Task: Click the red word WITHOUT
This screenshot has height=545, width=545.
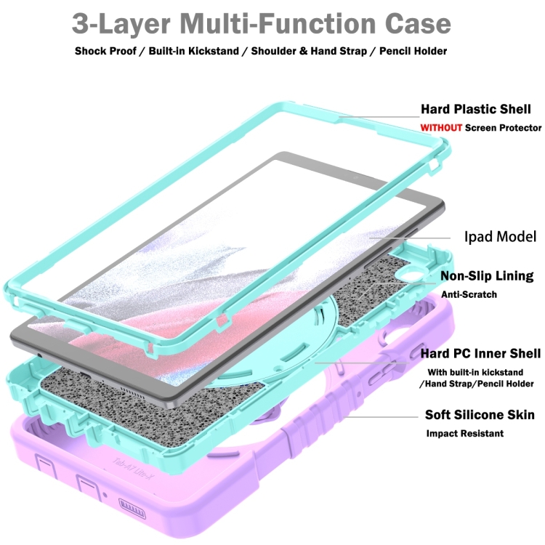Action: click(x=441, y=128)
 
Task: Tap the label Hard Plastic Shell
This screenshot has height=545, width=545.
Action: click(x=476, y=109)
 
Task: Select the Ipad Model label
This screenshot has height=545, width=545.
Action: click(x=500, y=237)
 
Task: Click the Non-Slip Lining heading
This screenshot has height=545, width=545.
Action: click(x=487, y=276)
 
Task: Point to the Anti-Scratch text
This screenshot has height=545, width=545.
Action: click(x=469, y=294)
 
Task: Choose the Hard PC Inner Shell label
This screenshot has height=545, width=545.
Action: click(x=481, y=353)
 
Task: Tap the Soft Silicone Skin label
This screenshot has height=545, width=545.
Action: click(x=480, y=415)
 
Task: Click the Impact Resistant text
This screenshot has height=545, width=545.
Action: click(x=465, y=433)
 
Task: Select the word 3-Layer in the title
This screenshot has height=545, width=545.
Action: click(x=121, y=24)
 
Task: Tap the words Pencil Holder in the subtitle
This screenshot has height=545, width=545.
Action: click(x=413, y=51)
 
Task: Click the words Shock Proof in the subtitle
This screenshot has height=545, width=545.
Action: click(x=105, y=51)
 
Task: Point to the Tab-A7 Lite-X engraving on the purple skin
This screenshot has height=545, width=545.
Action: click(x=132, y=469)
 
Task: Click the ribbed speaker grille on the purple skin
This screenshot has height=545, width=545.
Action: click(x=132, y=509)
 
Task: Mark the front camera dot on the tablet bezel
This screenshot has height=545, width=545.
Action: click(x=355, y=178)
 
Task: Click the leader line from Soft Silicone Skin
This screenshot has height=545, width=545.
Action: click(x=380, y=417)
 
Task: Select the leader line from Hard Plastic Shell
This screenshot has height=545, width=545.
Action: click(x=379, y=117)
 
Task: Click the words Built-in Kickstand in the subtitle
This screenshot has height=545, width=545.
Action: click(x=193, y=51)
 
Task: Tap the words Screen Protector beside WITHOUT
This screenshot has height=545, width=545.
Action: click(x=503, y=128)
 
